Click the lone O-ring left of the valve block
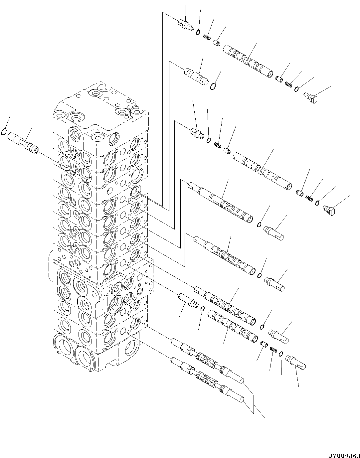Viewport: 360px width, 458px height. point(4,132)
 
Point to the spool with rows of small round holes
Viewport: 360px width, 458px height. point(263,171)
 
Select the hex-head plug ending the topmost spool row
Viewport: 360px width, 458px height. point(312,98)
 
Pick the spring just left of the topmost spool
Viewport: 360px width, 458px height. point(207,38)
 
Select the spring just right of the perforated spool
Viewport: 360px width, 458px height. point(309,199)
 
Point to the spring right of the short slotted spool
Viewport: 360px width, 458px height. point(273,350)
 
